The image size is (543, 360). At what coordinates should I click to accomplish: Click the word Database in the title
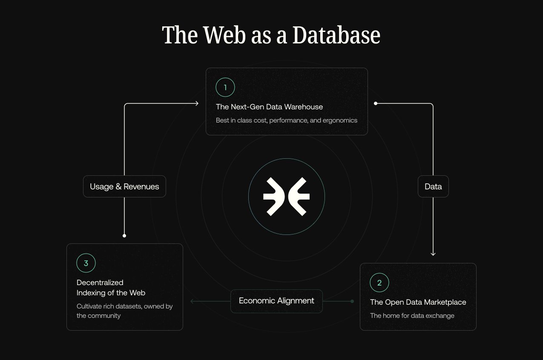(x=336, y=35)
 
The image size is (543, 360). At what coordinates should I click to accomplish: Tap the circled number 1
(x=225, y=87)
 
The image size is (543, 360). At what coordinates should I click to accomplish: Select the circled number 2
(x=379, y=283)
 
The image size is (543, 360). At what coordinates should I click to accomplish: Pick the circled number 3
(x=86, y=263)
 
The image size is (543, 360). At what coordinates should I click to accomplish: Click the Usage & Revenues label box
(x=124, y=186)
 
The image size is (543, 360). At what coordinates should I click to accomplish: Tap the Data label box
(x=433, y=186)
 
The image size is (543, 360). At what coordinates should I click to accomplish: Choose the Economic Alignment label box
(x=276, y=301)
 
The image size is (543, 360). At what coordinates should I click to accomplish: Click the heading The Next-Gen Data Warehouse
(x=269, y=107)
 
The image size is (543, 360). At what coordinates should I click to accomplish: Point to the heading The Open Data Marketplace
(x=418, y=302)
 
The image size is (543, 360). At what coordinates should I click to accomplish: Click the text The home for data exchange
(x=412, y=316)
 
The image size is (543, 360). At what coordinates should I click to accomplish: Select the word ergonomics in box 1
(x=340, y=120)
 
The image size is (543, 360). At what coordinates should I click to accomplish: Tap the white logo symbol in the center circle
(x=286, y=196)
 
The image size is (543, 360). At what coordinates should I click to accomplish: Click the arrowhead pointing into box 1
(x=197, y=103)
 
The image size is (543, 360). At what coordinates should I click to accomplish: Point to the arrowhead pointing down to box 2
(x=433, y=254)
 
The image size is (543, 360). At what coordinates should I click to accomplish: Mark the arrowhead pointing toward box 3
(x=192, y=301)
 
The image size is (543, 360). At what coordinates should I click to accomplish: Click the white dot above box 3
(x=124, y=235)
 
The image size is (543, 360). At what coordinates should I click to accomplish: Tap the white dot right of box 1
(x=376, y=103)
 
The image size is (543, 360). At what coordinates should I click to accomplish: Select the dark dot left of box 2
(x=352, y=301)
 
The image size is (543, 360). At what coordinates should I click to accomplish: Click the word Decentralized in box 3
(x=100, y=283)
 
